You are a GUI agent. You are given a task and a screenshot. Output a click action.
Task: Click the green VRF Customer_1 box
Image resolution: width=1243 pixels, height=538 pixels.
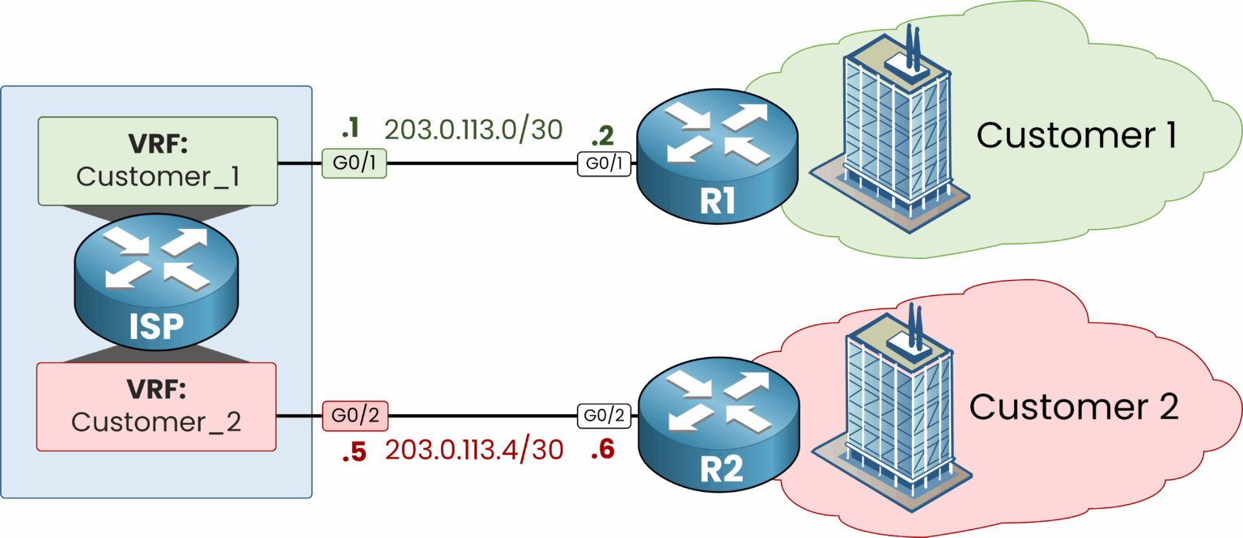tap(158, 160)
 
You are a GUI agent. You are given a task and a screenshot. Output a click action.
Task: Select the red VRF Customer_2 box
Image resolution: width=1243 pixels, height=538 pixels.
tap(157, 405)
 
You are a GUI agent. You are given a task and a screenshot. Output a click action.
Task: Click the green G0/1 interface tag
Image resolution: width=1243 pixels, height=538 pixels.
tap(354, 163)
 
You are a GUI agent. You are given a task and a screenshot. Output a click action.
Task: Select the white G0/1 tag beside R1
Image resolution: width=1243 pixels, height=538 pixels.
tap(605, 163)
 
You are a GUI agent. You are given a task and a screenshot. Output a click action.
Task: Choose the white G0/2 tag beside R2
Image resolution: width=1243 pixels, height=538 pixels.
tap(605, 416)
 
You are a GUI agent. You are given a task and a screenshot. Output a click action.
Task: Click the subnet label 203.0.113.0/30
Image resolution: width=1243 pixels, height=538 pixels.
tap(473, 129)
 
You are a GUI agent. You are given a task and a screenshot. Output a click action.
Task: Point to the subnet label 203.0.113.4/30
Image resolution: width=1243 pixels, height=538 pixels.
tap(473, 450)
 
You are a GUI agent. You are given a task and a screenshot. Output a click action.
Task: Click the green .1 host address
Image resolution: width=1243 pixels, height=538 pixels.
tap(350, 128)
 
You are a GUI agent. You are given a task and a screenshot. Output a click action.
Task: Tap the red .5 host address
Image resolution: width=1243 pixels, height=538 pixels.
tap(354, 452)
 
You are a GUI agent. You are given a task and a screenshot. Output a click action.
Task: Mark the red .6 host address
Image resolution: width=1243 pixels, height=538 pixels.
tap(602, 451)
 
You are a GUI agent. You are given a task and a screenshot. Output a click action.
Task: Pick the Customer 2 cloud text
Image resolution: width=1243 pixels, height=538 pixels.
tap(1074, 407)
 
